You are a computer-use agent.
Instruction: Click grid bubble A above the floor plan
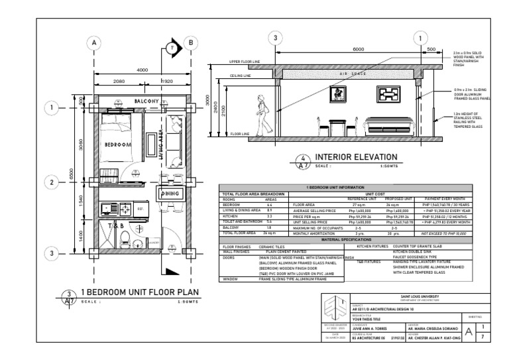tap(95, 43)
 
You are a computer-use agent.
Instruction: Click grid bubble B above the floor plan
tap(192, 43)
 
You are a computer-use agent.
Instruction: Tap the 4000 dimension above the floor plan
tap(142, 70)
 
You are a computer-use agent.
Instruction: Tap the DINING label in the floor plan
tap(166, 193)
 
